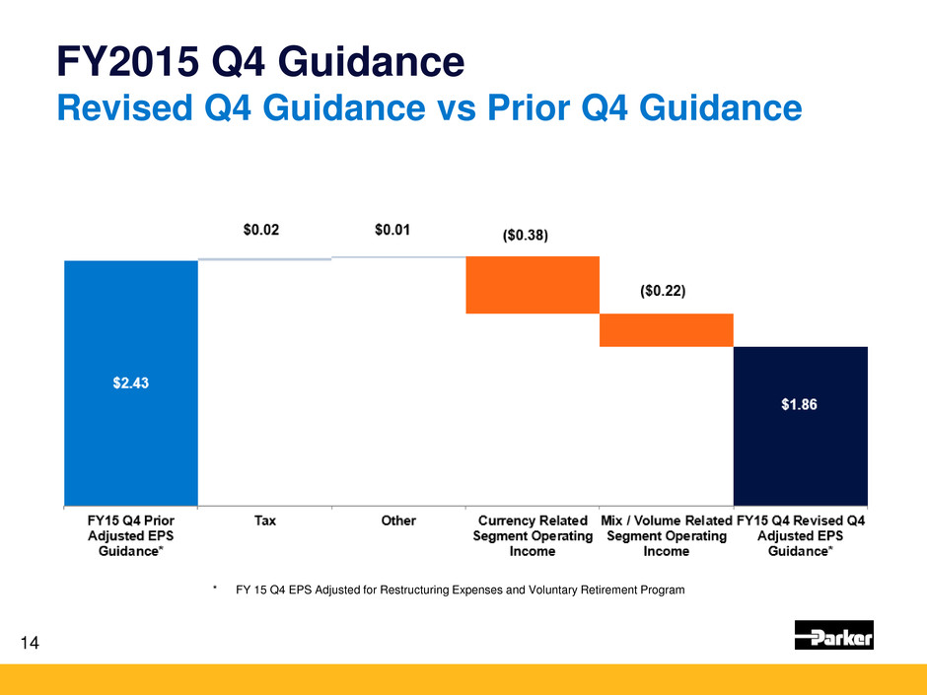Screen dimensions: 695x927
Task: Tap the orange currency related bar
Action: point(533,285)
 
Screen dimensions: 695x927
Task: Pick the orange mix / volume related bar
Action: point(666,330)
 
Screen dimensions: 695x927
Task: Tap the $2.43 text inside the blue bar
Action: point(131,383)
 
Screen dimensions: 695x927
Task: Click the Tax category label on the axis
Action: point(264,521)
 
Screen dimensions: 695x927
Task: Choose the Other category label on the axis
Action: point(398,521)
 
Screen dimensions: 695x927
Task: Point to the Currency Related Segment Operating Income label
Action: point(533,535)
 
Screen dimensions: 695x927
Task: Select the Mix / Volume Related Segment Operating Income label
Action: point(666,535)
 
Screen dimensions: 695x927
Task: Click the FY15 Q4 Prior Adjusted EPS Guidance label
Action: point(131,535)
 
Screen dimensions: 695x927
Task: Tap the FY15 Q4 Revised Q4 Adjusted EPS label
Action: point(800,535)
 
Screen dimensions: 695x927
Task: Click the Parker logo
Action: point(833,636)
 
